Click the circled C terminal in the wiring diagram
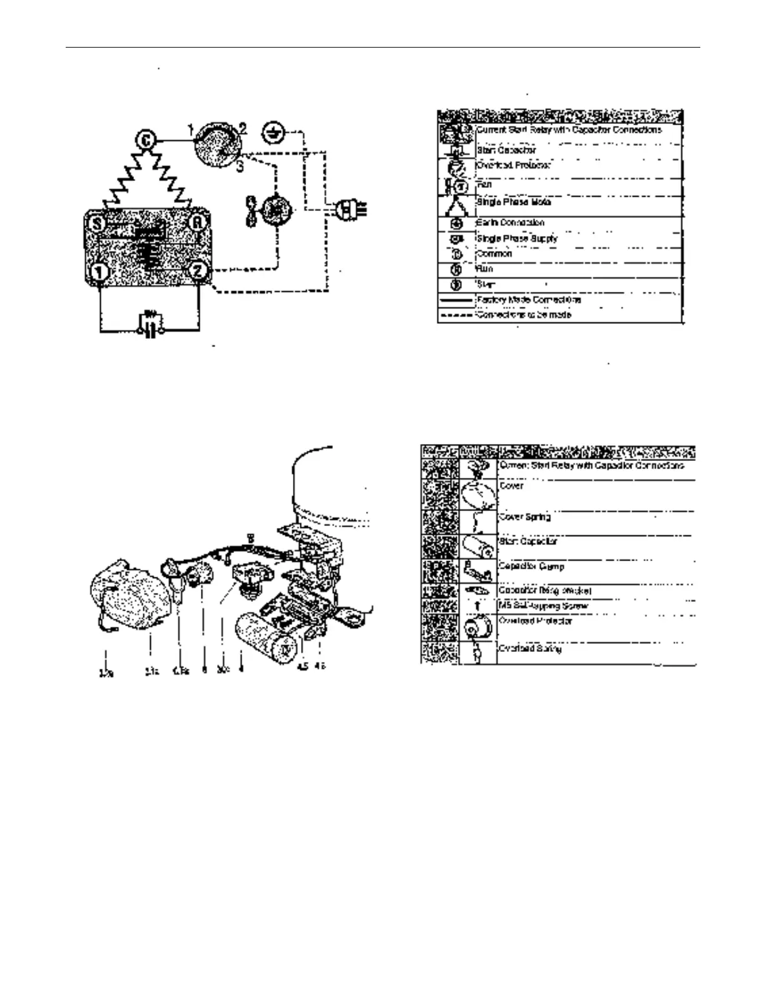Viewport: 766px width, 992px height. click(x=146, y=140)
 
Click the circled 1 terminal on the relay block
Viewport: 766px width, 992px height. click(x=99, y=272)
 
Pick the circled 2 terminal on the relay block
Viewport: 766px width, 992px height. click(x=198, y=271)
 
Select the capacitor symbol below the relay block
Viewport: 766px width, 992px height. click(x=149, y=323)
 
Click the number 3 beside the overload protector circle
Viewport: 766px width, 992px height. click(x=240, y=167)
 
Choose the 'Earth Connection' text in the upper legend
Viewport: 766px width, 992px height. click(x=510, y=223)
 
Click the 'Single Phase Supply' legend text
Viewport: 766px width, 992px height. click(x=517, y=239)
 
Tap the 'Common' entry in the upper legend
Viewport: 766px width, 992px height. click(x=494, y=254)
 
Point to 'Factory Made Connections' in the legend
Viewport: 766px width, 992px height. click(x=529, y=300)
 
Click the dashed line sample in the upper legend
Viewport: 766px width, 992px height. click(x=456, y=315)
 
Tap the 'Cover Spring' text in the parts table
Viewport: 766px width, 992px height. click(x=524, y=517)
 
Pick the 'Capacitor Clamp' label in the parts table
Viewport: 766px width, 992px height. click(x=531, y=566)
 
